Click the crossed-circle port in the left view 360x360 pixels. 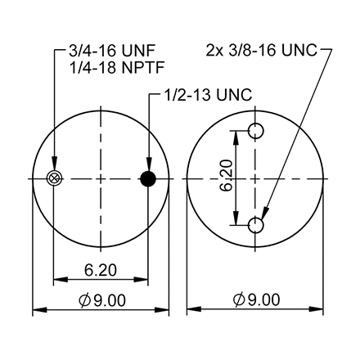click(55, 179)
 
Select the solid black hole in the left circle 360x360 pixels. click(148, 179)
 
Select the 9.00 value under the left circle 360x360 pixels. click(109, 300)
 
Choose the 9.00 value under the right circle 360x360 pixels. click(263, 300)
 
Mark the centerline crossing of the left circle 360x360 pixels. click(101, 179)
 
